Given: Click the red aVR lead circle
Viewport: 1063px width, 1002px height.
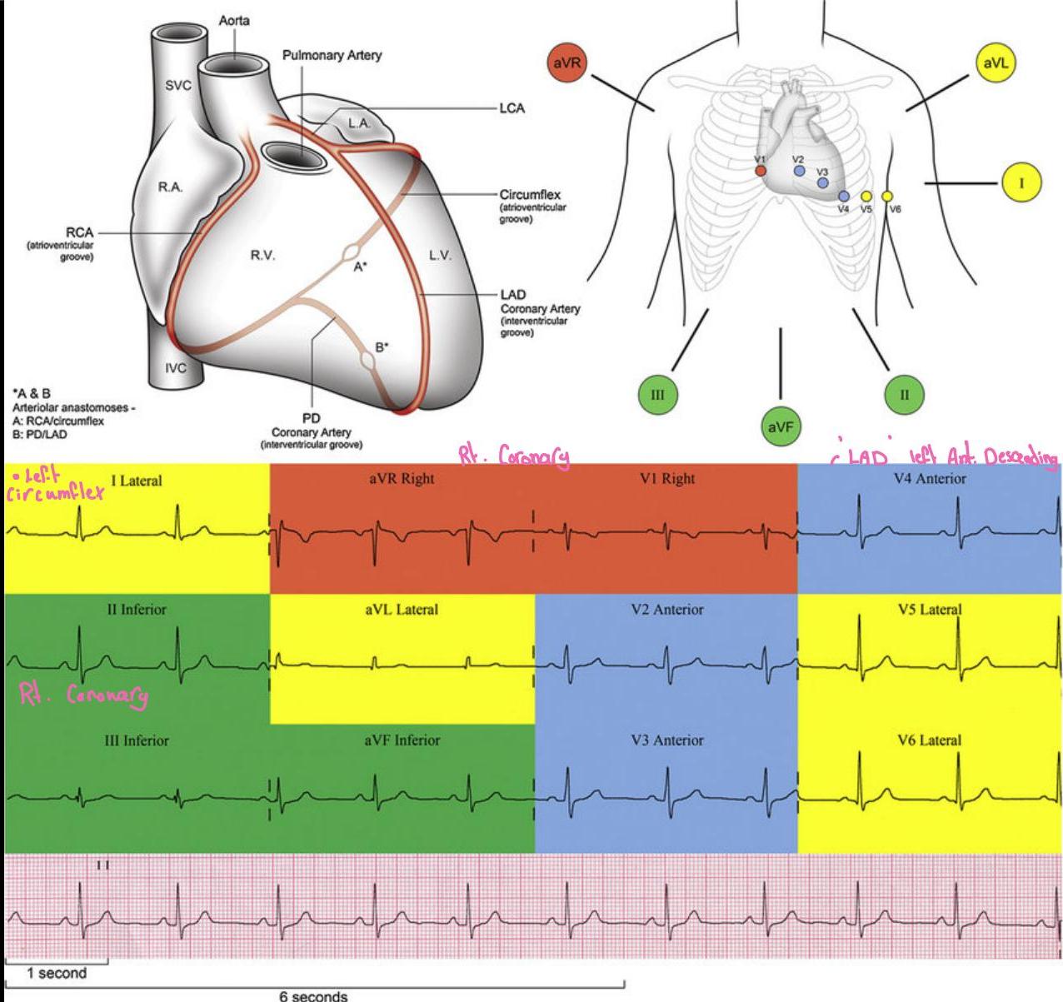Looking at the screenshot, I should [567, 64].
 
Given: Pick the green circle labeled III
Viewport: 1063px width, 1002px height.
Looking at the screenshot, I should [657, 395].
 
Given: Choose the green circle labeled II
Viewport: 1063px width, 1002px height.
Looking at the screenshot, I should [904, 394].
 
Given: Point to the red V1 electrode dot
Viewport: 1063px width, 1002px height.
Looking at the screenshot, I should [760, 171].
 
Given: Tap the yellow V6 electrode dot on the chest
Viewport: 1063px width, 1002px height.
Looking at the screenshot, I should [887, 197].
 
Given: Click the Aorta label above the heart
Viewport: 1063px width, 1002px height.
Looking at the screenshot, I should [234, 20].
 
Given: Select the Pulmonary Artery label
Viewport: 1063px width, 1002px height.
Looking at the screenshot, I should [332, 55].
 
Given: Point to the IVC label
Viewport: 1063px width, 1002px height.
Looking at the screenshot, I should [176, 367].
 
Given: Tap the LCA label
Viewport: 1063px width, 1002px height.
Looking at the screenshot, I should [512, 108].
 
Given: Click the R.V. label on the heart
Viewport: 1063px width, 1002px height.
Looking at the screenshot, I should [263, 256].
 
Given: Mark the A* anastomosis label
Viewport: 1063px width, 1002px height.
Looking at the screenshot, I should [361, 267].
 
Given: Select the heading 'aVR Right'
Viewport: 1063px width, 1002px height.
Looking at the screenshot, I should [402, 479].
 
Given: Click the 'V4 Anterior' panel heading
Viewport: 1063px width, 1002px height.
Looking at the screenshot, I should [929, 479].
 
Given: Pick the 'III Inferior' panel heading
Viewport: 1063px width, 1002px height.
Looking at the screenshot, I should [137, 740].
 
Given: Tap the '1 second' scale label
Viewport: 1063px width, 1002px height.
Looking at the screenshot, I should [56, 973].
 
